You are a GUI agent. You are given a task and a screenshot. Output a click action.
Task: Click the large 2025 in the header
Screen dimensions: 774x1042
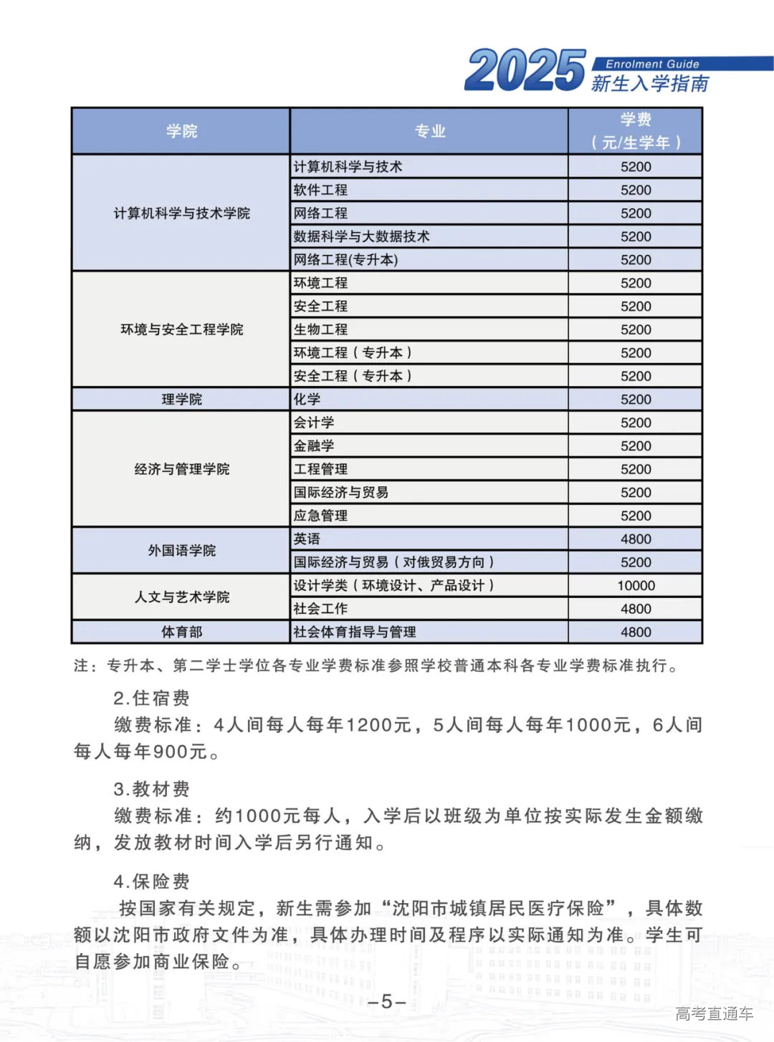click(x=525, y=70)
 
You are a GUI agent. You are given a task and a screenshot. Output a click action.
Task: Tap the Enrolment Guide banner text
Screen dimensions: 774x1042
click(x=651, y=64)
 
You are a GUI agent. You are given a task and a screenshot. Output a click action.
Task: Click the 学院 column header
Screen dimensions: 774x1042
click(x=181, y=131)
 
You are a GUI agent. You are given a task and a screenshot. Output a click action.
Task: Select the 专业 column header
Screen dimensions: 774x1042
click(x=430, y=131)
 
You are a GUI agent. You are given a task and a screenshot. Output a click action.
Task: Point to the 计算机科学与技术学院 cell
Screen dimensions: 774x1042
click(x=181, y=213)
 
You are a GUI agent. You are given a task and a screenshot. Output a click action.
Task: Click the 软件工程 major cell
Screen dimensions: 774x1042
click(x=320, y=190)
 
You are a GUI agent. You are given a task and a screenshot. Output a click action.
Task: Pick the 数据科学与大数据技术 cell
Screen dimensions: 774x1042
click(x=361, y=236)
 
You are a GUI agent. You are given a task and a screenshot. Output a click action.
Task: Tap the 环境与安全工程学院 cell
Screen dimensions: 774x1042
click(x=181, y=329)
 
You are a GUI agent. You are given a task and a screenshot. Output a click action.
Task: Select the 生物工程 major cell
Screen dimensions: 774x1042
click(x=320, y=329)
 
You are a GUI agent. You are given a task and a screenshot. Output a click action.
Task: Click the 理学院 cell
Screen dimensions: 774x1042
click(x=181, y=399)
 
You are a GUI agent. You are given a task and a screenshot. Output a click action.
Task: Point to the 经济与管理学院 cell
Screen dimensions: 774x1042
click(x=181, y=469)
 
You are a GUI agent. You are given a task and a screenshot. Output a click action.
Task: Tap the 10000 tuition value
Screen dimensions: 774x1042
click(x=636, y=585)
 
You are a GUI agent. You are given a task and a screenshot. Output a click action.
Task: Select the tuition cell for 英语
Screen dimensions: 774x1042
click(x=636, y=539)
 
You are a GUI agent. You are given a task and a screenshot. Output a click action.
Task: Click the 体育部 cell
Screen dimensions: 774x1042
click(x=181, y=632)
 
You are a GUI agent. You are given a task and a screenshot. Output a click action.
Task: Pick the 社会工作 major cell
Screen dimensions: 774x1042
click(x=320, y=609)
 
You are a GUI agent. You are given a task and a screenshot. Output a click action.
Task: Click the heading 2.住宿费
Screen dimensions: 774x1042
click(x=151, y=698)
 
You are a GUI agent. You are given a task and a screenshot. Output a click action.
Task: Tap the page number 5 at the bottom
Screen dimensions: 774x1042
click(x=387, y=1001)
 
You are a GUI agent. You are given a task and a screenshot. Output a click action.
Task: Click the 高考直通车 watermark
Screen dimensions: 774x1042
click(x=714, y=1013)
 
